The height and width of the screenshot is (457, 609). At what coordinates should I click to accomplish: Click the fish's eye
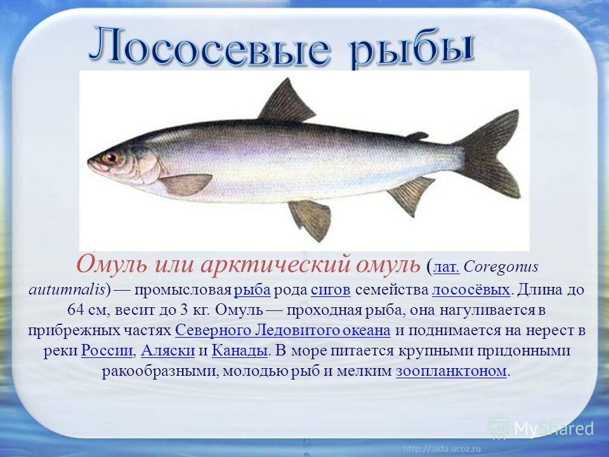coord(112,157)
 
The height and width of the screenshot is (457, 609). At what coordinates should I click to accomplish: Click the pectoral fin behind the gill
coord(186,184)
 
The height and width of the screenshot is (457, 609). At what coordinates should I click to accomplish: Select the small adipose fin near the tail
coord(417,136)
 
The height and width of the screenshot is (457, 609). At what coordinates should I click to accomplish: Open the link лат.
coord(446,267)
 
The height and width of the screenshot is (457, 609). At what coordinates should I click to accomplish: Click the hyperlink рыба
coord(252,290)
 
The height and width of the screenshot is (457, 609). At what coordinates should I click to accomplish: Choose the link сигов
coord(331,290)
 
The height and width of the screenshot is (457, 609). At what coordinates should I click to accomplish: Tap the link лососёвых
coord(471,290)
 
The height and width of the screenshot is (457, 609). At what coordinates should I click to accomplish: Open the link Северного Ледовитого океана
coord(283,330)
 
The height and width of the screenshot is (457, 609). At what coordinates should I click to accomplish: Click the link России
coord(107,351)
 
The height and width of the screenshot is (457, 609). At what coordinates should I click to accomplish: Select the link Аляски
coord(167,351)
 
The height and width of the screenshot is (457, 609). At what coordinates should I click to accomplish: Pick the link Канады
coord(240,351)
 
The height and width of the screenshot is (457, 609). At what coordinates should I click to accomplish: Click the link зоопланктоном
coord(451,371)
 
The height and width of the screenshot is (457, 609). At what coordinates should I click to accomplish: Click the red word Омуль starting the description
coord(112,265)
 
